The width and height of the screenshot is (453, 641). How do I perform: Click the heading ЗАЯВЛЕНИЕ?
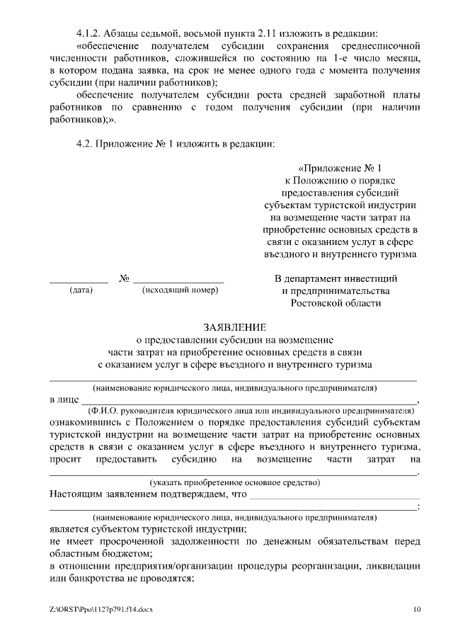click(235, 327)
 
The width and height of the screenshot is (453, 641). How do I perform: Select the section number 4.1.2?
click(91, 34)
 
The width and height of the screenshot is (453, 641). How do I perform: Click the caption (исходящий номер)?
click(180, 290)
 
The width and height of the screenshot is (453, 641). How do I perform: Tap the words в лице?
click(64, 399)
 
